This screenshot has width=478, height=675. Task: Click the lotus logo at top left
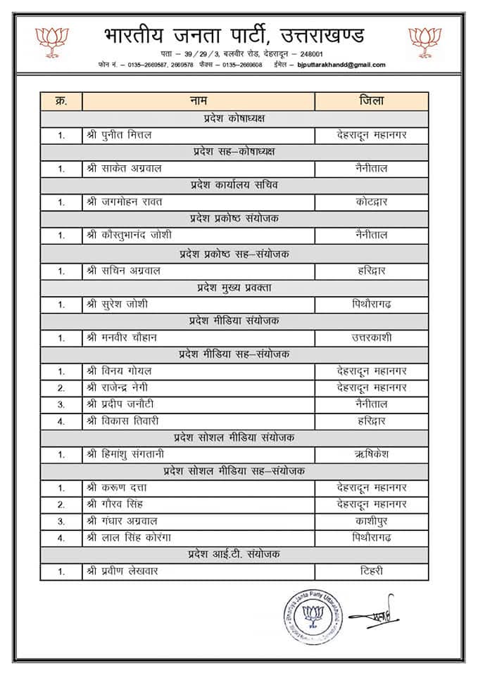tap(52, 41)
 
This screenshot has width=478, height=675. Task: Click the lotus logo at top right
tap(424, 41)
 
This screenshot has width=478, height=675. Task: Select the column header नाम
tap(198, 101)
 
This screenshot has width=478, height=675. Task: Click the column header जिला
tap(371, 101)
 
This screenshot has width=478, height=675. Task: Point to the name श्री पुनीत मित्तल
tap(118, 135)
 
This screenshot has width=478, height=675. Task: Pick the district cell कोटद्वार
tap(371, 202)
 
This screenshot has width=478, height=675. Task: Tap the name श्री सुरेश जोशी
tap(117, 304)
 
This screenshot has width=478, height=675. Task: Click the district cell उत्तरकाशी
tap(371, 337)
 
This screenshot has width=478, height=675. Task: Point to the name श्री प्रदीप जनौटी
tap(120, 404)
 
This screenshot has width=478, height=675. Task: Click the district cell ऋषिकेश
tap(371, 455)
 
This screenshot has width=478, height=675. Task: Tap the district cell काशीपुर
tap(371, 522)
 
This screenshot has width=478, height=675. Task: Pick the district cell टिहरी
tap(371, 572)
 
